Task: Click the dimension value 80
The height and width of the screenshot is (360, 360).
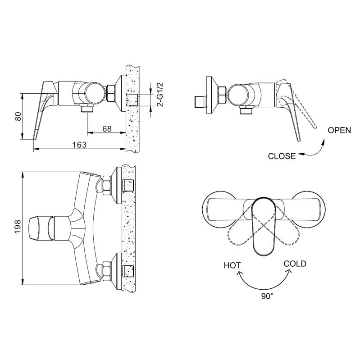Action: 18,116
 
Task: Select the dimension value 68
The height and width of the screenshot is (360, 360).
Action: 107,129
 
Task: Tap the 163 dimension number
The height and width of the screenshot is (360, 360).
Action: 79,145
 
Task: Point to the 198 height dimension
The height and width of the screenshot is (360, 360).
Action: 18,227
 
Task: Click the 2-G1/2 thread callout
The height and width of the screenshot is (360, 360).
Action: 160,94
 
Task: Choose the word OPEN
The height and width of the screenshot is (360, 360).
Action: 339,130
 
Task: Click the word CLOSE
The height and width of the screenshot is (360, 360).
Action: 282,156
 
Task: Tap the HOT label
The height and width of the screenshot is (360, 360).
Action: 232,266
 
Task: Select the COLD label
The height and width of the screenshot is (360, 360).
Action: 295,264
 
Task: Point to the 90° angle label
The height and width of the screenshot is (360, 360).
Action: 267,296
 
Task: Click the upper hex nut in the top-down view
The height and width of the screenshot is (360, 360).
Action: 106,185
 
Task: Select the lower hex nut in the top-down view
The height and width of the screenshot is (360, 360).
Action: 106,271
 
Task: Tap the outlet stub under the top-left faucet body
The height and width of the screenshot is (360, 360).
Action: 87,107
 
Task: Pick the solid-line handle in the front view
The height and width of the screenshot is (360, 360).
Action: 263,227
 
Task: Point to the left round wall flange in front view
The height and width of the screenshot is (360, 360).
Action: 219,210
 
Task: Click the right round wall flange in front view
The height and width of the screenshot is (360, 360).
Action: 308,210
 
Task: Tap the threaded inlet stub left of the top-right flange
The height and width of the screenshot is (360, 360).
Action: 200,102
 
